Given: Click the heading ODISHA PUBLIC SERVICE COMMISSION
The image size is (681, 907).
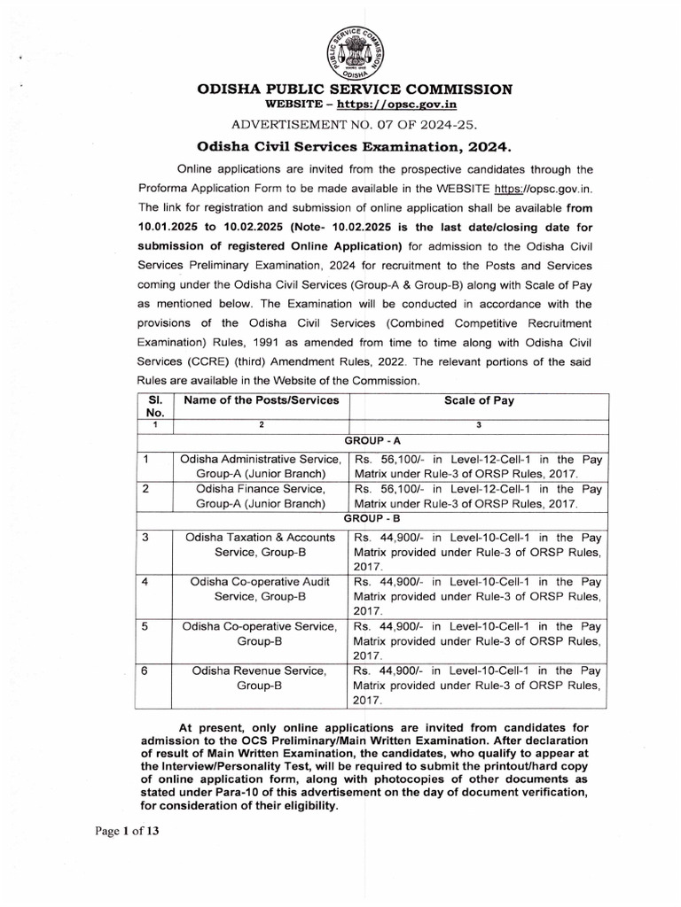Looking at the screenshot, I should point(354,89).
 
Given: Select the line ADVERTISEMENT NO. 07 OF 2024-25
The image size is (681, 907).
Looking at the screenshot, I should point(354,123).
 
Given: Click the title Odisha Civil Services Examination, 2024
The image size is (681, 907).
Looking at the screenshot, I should point(354,145).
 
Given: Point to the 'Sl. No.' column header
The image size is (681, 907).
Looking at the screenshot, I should point(154,407).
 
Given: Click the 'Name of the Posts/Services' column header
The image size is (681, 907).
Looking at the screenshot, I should point(262,400).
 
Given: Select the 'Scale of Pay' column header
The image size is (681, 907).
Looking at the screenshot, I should point(478,400).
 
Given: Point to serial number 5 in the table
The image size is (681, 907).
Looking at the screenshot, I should point(145,626).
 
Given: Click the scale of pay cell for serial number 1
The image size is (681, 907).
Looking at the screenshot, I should point(478,467).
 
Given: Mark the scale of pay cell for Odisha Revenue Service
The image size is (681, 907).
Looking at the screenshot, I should point(478,686).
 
